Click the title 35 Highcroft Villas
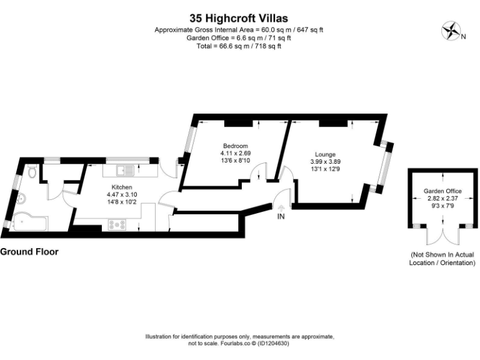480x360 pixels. coord(239,19)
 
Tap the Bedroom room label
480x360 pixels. coord(234,146)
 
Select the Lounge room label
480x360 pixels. coord(325,154)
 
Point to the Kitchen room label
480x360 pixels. coord(121,187)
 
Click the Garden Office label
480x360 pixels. coord(442,191)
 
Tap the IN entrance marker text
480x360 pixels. coord(281,217)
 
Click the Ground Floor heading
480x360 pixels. coord(29,252)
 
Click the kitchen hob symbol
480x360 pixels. coord(117,224)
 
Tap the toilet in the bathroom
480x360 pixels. coord(32,172)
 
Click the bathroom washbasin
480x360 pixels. coord(22,199)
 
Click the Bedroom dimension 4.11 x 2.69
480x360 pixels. coord(235,153)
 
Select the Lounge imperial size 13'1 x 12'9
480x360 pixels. coord(325,168)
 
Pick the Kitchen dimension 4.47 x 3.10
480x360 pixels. coord(121,194)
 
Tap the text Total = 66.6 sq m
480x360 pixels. coord(239,46)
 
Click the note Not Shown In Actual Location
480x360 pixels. coord(442,259)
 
